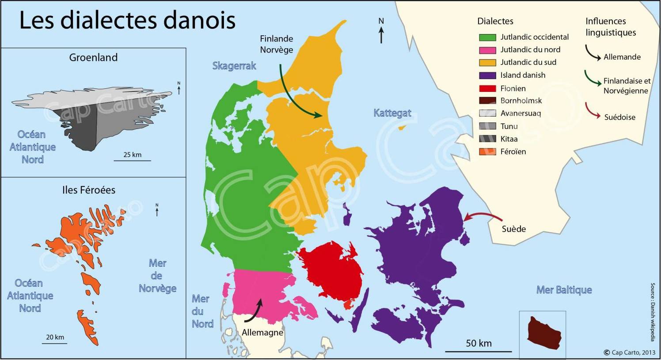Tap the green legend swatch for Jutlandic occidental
[x=487, y=38]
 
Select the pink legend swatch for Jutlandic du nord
[x=487, y=50]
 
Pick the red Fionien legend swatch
[x=487, y=88]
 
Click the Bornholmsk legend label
[x=521, y=101]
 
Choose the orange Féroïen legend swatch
[x=487, y=152]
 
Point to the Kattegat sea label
[x=392, y=113]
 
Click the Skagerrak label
[x=234, y=66]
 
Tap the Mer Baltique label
[x=564, y=290]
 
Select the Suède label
[x=514, y=229]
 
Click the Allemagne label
[x=262, y=332]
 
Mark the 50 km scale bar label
[x=479, y=343]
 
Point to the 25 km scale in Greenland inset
[x=132, y=155]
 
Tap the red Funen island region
[x=331, y=269]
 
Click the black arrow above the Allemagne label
[x=253, y=312]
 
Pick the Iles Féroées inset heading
[x=89, y=190]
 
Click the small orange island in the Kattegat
[x=402, y=128]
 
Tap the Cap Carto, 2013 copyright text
[x=630, y=352]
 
